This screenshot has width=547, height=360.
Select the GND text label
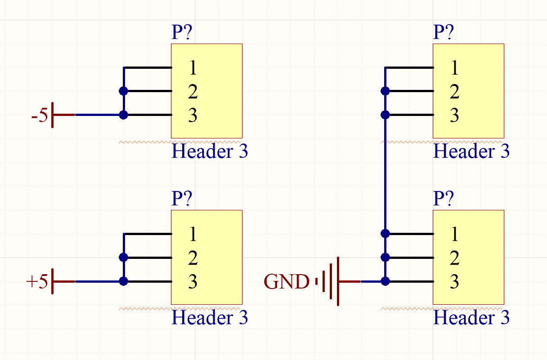pos(287,282)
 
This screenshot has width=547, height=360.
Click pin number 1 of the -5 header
pos(193,68)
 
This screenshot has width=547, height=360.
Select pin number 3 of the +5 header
pos(193,282)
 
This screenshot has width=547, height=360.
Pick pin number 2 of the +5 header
pos(193,258)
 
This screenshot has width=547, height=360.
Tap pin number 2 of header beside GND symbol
pos(454,258)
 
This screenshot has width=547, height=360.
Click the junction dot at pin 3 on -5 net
pos(124,115)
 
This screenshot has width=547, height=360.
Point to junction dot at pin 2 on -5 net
pos(124,91)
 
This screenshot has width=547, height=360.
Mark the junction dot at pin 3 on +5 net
pos(124,282)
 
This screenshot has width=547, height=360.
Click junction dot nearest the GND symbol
pos(385,282)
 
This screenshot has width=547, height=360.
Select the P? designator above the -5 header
pos(182,33)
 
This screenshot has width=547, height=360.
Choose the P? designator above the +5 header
pos(182,198)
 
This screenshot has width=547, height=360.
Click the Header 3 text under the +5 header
pos(210,318)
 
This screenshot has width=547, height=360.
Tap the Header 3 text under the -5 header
pos(210,151)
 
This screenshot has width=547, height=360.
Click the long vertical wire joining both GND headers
pos(385,175)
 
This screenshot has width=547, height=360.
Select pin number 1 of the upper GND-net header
pos(454,68)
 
